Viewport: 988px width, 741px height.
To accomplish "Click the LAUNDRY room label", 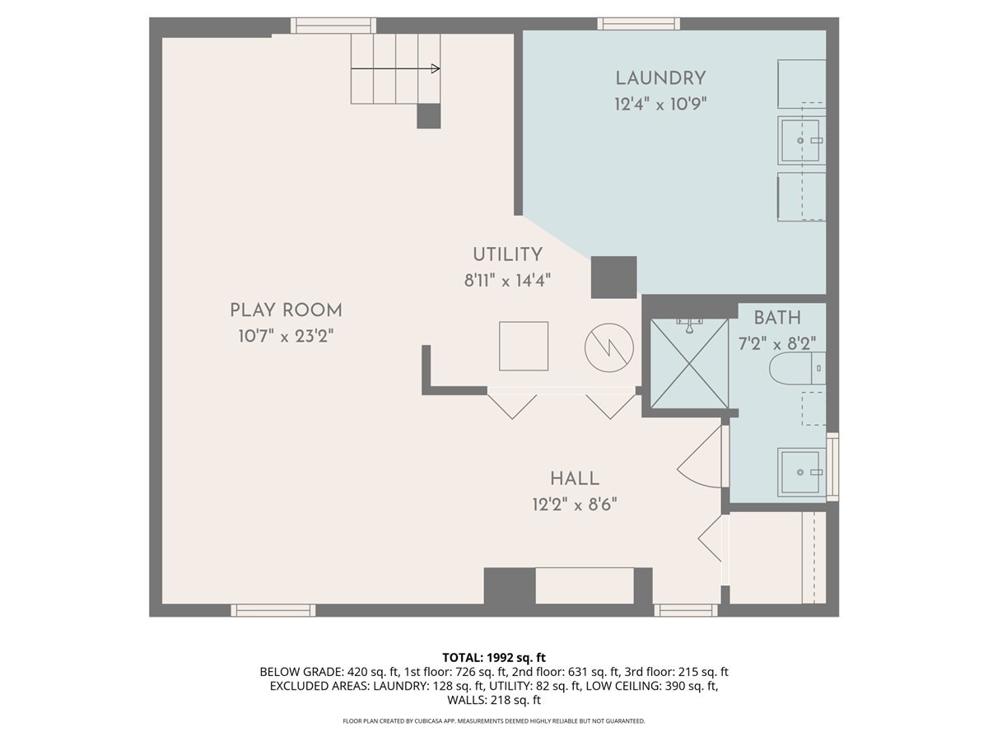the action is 660,78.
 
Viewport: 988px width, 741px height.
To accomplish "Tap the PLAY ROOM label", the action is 287,310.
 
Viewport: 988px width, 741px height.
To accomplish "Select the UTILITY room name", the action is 507,254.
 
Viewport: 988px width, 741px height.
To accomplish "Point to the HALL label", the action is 575,478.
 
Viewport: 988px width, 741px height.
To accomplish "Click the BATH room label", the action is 777,318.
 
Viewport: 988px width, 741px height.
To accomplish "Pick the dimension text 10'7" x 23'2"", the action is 287,336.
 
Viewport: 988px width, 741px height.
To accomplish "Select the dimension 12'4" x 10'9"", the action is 660,105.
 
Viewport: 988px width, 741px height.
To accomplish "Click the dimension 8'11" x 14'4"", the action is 507,281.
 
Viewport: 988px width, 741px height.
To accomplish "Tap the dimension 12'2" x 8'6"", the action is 575,505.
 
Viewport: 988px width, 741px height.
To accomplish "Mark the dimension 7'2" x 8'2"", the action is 777,344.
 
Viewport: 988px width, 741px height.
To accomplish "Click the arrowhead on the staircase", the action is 436,69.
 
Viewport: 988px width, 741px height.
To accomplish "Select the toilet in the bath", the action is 797,368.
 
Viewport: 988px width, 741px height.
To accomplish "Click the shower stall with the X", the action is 689,364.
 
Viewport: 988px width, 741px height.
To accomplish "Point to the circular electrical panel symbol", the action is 609,347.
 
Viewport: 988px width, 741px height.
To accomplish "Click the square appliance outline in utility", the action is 524,346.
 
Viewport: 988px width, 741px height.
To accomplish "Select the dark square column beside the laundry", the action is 613,277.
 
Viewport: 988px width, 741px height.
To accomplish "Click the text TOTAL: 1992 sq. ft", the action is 494,658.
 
